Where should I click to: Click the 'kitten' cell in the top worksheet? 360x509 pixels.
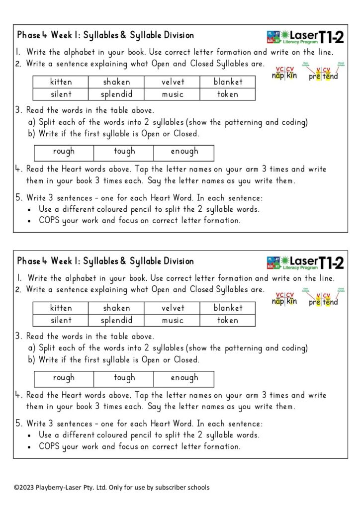coord(61,82)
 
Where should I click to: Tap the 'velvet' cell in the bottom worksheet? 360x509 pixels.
coord(173,308)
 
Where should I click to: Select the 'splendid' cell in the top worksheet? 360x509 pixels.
coord(116,94)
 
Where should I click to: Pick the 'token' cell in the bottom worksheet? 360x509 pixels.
coord(228,320)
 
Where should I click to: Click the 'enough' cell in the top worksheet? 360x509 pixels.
coord(184,152)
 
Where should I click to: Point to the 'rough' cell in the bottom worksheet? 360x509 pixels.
coord(64,378)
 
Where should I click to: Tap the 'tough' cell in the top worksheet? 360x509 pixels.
coord(124,152)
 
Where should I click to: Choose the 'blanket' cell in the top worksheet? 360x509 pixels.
coord(228,82)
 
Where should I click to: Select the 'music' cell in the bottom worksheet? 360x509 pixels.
coord(173,320)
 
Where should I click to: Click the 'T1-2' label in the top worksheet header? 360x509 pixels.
coord(331,36)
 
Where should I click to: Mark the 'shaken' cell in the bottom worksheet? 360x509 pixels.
coord(116,308)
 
